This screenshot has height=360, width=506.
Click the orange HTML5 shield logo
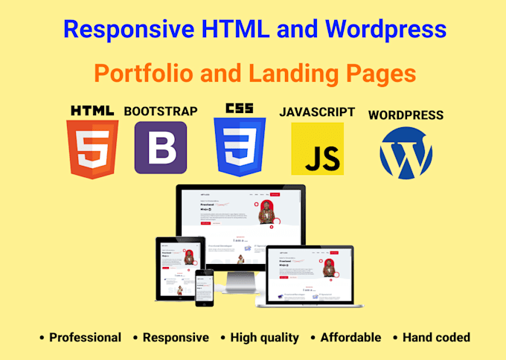coord(92,150)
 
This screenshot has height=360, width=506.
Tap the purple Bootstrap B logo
coord(161,147)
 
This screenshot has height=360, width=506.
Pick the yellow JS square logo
coord(317,150)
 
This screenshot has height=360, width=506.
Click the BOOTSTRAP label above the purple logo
coord(161,112)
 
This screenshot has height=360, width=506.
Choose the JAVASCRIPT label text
coord(317,112)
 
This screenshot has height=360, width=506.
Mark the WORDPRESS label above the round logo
coord(406,115)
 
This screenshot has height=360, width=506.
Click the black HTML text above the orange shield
coord(92,111)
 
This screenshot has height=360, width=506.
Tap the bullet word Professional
coord(85,337)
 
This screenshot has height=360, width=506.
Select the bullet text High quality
coord(264,337)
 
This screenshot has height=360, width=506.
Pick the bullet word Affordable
coord(350,337)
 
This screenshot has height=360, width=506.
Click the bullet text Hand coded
coord(436,337)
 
